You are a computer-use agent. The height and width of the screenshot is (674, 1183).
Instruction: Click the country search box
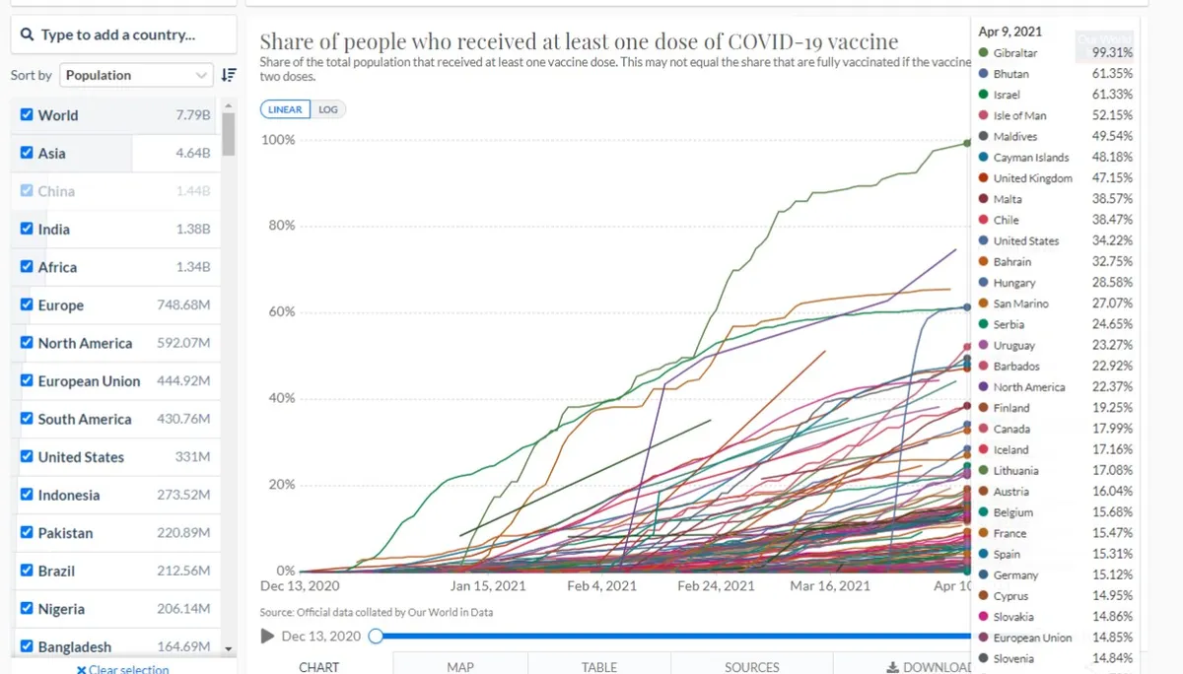(123, 34)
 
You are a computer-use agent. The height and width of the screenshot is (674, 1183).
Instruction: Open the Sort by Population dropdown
(136, 76)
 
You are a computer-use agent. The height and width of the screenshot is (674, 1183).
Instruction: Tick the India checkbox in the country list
(27, 229)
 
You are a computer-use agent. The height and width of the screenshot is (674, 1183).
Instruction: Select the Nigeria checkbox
(27, 608)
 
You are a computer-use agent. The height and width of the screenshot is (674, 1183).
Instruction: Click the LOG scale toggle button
(328, 109)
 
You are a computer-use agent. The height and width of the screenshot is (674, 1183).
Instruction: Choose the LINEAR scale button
(285, 109)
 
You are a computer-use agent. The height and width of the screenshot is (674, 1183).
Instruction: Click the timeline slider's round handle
(376, 636)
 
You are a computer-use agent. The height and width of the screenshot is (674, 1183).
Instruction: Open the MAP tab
(460, 667)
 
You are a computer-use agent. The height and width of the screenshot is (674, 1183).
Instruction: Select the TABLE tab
(599, 667)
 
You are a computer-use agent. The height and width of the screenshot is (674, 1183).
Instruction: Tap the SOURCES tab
(751, 667)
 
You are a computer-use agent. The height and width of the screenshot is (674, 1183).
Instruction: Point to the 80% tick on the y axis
(282, 226)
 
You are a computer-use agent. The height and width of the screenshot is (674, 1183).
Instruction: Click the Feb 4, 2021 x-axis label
(601, 586)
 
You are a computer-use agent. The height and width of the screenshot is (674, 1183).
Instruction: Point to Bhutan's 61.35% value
(1112, 73)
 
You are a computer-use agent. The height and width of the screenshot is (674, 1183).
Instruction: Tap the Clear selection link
(123, 669)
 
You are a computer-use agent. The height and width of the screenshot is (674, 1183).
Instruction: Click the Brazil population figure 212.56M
(183, 571)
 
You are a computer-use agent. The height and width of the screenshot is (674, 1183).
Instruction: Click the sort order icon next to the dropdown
(229, 75)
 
